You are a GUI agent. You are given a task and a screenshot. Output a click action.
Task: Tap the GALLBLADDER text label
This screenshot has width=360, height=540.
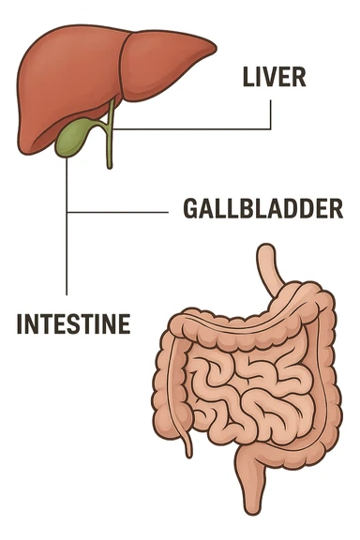pyautogui.click(x=262, y=208)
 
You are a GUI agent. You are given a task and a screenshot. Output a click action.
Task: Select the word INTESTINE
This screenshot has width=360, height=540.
pyautogui.click(x=73, y=324)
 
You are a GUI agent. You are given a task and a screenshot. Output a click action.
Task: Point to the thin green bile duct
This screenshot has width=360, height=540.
pyautogui.click(x=109, y=141)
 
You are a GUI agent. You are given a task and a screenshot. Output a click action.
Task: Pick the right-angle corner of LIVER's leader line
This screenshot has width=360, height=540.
pyautogui.click(x=270, y=128)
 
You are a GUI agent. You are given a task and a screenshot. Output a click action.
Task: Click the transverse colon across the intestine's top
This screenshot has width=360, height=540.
pyautogui.click(x=234, y=323)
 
